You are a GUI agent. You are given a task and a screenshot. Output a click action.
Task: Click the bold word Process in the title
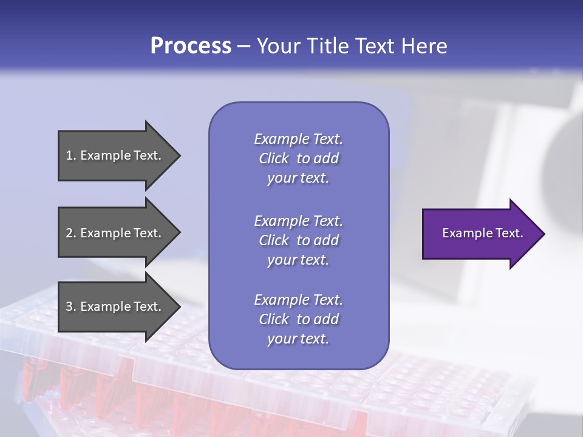click(x=191, y=46)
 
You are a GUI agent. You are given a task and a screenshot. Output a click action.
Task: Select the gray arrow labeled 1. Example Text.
click(x=115, y=155)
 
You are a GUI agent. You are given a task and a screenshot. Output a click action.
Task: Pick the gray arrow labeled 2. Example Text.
click(x=115, y=233)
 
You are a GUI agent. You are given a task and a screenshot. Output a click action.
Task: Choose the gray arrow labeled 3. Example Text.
click(x=115, y=307)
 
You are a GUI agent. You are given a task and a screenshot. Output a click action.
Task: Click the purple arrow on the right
click(x=480, y=234)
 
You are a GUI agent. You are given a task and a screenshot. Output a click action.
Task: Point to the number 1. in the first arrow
click(x=71, y=155)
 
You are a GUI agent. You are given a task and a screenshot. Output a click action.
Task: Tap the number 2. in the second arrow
click(x=71, y=233)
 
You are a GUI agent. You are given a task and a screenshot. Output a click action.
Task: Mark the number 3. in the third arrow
click(x=71, y=307)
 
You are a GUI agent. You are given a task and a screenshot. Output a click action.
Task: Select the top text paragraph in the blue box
click(x=298, y=158)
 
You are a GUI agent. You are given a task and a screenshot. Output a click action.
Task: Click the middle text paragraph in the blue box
click(x=298, y=240)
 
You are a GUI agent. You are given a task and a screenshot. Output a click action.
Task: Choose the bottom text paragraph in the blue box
click(x=298, y=319)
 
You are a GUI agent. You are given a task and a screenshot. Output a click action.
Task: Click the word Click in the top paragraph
click(x=274, y=158)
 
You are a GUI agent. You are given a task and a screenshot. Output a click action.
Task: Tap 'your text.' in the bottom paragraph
click(x=298, y=339)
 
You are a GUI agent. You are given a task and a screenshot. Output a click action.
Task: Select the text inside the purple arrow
click(x=482, y=233)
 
